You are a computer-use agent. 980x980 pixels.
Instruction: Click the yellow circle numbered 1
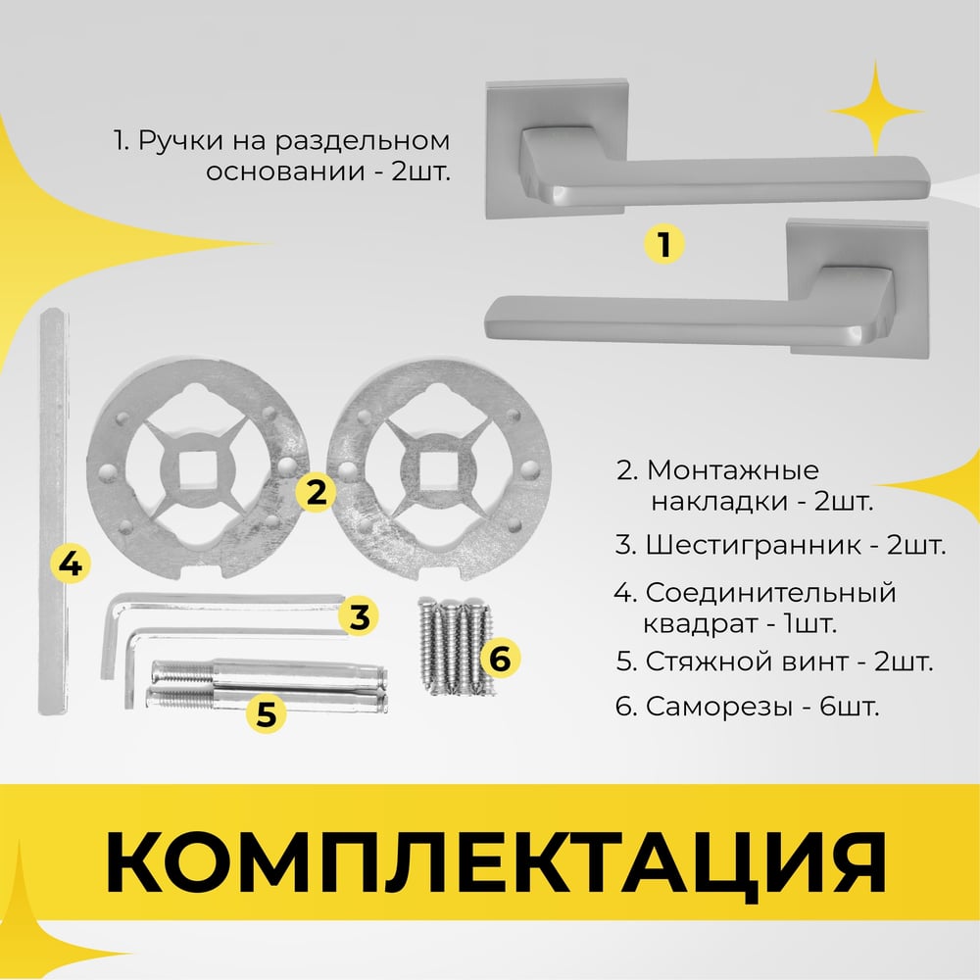(x=663, y=243)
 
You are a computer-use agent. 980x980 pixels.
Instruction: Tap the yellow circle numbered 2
(x=317, y=492)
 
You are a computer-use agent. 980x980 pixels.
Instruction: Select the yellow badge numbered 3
(x=359, y=616)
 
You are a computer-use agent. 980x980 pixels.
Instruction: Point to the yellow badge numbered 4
(x=70, y=563)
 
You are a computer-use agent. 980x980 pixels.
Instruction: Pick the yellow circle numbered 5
(x=267, y=713)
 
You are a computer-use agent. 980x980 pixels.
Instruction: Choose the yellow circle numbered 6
(x=500, y=659)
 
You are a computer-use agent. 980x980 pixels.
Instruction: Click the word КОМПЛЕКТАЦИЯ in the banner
(x=496, y=862)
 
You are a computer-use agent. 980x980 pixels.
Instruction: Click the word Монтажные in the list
(x=732, y=470)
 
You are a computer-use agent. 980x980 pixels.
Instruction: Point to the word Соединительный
(x=770, y=593)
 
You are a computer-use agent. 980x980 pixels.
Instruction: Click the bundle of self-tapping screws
(x=455, y=646)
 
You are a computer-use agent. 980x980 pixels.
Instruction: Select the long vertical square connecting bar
(x=54, y=512)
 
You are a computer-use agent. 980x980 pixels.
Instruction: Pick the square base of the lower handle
(x=858, y=289)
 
